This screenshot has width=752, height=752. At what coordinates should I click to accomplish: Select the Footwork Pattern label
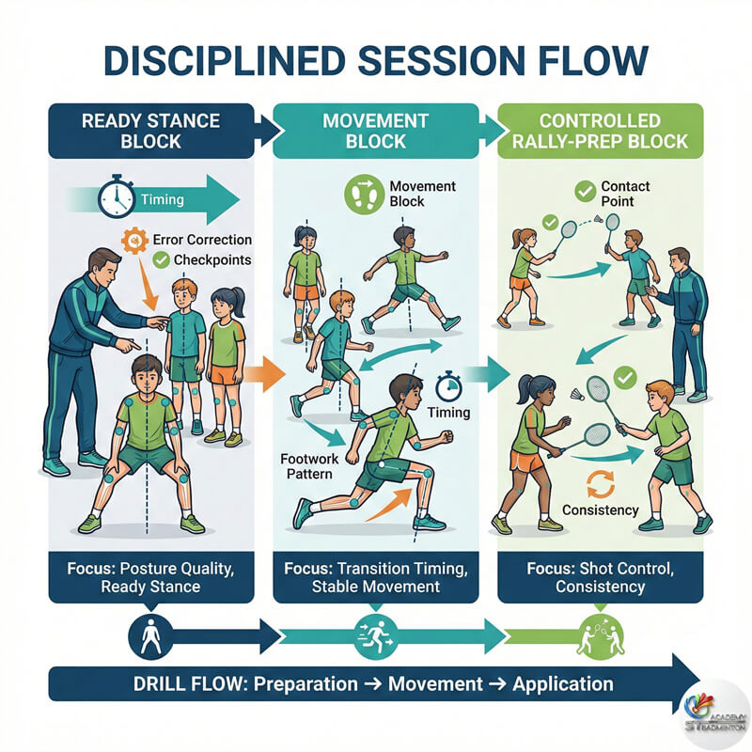point(306,466)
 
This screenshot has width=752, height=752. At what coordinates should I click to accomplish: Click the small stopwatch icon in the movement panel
point(446,385)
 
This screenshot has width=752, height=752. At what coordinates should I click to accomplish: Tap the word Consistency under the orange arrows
point(600,510)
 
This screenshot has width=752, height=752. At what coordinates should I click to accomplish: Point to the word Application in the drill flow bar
point(562,683)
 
